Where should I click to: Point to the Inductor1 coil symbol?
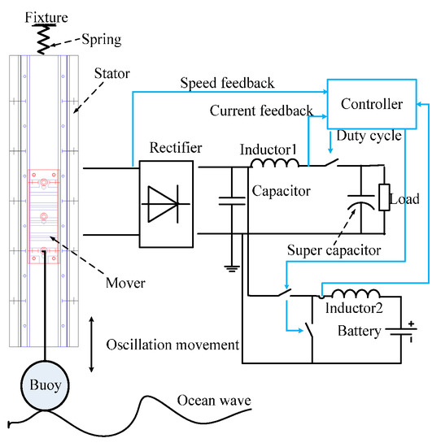pos(276,165)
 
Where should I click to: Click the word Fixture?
pos(24,16)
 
